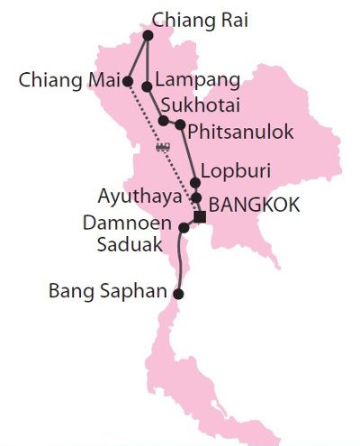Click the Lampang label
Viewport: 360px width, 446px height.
pos(191,80)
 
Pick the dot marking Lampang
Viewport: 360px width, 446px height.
pos(147,86)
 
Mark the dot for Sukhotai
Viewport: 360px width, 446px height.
pos(163,120)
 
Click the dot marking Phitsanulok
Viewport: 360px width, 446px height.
pos(181,124)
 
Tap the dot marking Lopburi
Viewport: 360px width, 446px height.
pos(194,182)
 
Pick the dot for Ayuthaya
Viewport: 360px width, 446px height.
pos(195,197)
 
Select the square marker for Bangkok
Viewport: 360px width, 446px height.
pos(200,216)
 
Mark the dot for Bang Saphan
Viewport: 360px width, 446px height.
pos(178,294)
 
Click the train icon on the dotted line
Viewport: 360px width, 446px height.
pos(164,147)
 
